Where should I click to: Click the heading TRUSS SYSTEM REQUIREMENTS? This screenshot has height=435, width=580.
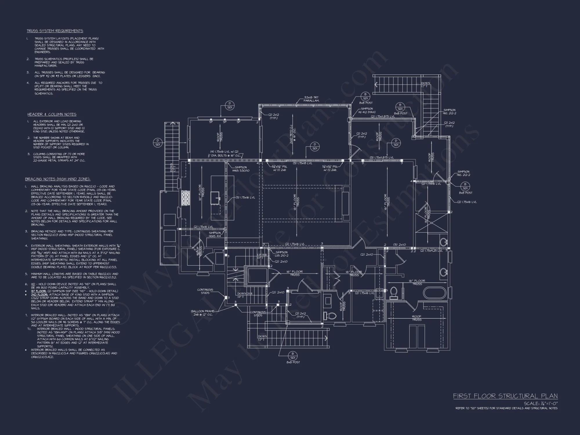[55, 31]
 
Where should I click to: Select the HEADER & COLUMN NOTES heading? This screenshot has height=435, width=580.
[52, 114]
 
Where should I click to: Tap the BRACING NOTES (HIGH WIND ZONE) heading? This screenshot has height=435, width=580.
[58, 179]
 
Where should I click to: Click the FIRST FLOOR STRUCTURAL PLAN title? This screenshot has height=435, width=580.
[505, 396]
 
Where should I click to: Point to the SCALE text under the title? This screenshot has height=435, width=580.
[540, 403]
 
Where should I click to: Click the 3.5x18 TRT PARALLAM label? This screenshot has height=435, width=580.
[311, 99]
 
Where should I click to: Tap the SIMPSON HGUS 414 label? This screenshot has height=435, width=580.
[215, 234]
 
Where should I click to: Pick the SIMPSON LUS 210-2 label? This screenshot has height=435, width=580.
[281, 254]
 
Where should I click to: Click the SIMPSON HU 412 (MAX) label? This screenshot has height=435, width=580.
[367, 110]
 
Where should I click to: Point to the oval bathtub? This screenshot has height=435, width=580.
[434, 293]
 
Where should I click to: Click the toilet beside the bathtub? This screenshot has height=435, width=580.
[394, 293]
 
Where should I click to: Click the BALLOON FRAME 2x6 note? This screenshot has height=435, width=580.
[203, 313]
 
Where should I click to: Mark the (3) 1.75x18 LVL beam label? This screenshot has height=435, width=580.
[302, 163]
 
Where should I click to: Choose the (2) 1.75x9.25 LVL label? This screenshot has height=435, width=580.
[431, 251]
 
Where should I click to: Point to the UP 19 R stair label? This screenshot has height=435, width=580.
[260, 256]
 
